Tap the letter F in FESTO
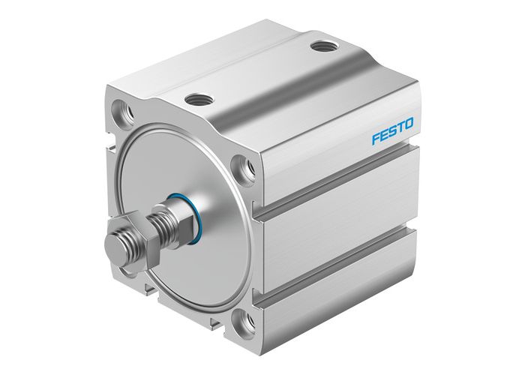377,140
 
